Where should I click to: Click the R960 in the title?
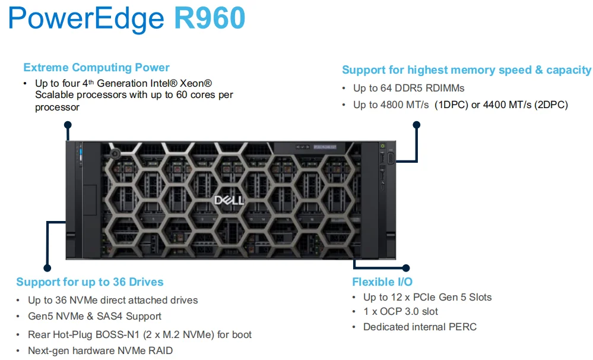[209, 18]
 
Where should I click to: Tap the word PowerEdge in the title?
[86, 18]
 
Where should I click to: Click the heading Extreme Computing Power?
[96, 68]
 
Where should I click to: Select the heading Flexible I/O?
[382, 282]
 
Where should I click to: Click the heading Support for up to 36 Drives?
[90, 282]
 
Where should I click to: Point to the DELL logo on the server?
[229, 200]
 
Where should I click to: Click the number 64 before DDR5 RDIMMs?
[388, 88]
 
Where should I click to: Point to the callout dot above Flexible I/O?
[405, 268]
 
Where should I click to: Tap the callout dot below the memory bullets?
[416, 125]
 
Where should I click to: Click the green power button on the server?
[383, 146]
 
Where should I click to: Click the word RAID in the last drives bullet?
[161, 350]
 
